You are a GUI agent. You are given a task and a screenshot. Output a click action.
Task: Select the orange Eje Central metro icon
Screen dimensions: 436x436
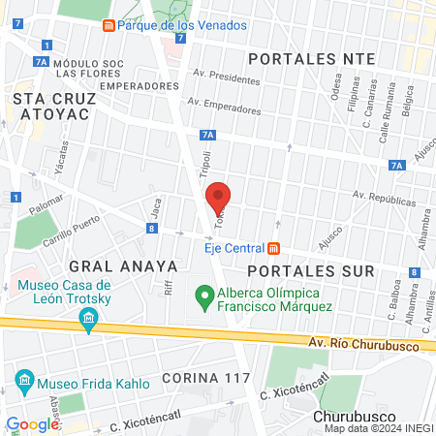274,246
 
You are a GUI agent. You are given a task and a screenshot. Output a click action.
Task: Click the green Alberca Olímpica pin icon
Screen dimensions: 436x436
204,296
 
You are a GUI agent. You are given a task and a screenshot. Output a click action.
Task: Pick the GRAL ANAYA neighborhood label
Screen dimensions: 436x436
123,265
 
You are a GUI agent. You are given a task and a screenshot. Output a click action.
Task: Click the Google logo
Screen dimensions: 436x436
33,423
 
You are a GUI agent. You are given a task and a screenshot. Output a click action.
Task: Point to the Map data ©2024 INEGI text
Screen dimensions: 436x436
378,428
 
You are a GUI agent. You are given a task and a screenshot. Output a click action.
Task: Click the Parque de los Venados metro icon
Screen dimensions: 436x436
110,25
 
